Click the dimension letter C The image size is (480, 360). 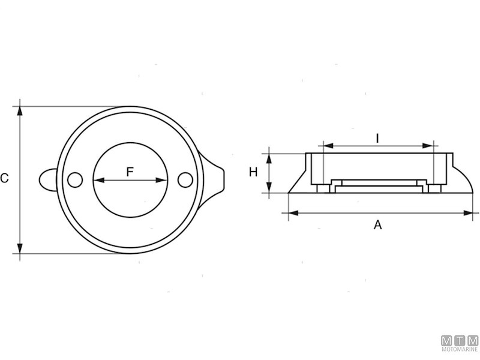[5, 178]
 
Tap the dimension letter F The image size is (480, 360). [130, 172]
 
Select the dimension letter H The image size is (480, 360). [253, 173]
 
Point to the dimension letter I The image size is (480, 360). [377, 138]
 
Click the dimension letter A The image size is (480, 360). [377, 225]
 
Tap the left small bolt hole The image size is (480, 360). [74, 179]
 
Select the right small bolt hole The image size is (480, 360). [185, 179]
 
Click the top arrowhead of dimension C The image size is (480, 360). [20, 110]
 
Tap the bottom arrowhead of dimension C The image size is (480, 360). [20, 249]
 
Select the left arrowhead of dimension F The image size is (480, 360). [97, 180]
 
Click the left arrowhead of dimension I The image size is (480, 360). [327, 145]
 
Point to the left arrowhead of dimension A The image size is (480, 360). [292, 212]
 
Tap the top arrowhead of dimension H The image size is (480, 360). [270, 157]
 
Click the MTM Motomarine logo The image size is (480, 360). [460, 343]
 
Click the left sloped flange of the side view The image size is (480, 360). [298, 184]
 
